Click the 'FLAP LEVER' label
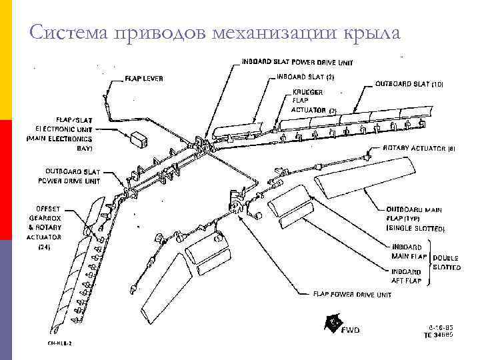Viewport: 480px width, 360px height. click(x=144, y=79)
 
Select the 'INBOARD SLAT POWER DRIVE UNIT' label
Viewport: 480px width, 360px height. click(x=296, y=62)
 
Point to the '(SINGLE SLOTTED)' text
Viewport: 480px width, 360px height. click(x=415, y=229)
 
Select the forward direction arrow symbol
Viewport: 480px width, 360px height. click(x=333, y=324)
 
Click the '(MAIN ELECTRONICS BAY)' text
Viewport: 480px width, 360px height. click(x=59, y=143)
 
